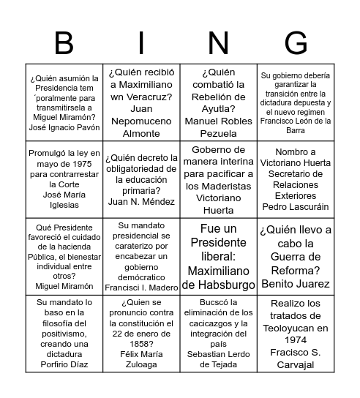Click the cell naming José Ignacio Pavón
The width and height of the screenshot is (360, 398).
(64, 102)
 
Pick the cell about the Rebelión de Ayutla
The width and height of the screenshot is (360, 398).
(218, 102)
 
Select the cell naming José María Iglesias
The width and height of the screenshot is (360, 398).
(64, 179)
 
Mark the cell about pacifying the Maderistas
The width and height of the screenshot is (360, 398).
(218, 179)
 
